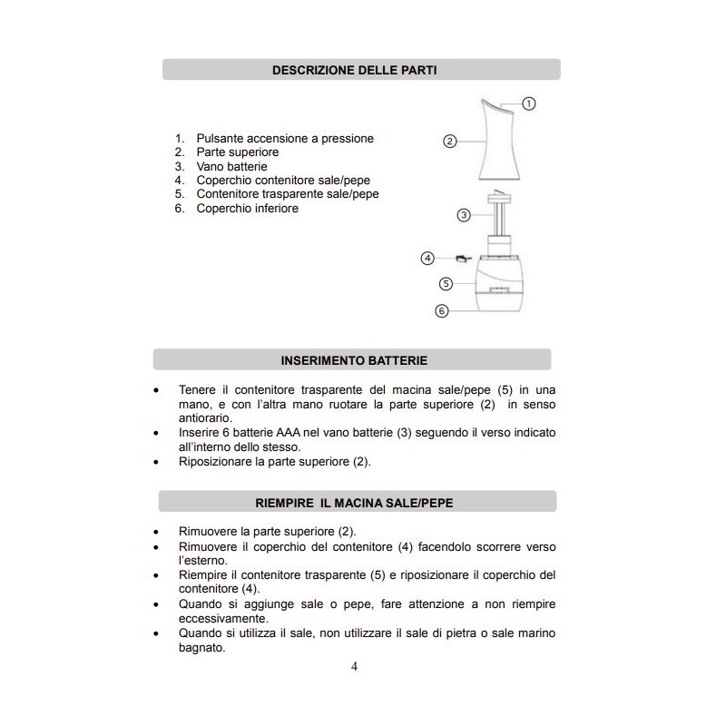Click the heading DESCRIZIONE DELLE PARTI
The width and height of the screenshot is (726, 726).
tap(361, 70)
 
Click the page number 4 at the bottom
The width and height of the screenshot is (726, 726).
tap(355, 667)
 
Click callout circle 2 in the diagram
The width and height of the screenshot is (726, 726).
tap(449, 141)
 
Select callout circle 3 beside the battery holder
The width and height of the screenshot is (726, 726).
tap(463, 215)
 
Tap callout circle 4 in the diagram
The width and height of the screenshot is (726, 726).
tap(428, 258)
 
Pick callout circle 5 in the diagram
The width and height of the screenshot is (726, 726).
tap(446, 283)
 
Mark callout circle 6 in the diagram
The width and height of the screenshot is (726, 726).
tap(442, 310)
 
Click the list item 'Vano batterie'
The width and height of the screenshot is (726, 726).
tap(231, 167)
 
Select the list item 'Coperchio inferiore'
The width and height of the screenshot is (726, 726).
tap(247, 208)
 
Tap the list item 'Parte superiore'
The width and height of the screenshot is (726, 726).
tap(238, 152)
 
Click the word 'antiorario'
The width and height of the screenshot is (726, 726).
tap(206, 417)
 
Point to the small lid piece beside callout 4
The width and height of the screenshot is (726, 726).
tap(463, 259)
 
